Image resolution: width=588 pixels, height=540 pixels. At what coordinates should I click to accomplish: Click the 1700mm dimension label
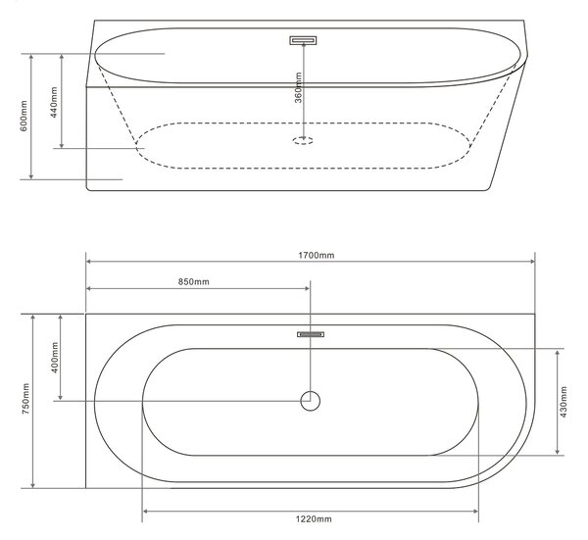tap(317, 256)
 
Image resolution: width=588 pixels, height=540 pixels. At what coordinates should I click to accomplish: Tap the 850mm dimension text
tap(193, 281)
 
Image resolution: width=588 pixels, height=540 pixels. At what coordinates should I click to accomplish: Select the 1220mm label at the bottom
tap(314, 519)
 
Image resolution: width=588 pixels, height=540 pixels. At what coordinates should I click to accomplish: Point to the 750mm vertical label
tap(25, 399)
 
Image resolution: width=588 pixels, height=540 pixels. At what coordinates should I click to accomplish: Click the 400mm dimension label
tap(55, 358)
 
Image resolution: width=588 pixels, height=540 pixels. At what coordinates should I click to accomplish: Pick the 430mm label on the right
tap(563, 402)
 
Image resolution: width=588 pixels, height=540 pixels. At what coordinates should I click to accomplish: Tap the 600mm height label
tap(24, 116)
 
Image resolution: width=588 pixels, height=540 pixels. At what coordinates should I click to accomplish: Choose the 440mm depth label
tap(54, 102)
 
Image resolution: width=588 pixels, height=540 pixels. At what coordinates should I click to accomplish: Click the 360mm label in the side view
tap(298, 88)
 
